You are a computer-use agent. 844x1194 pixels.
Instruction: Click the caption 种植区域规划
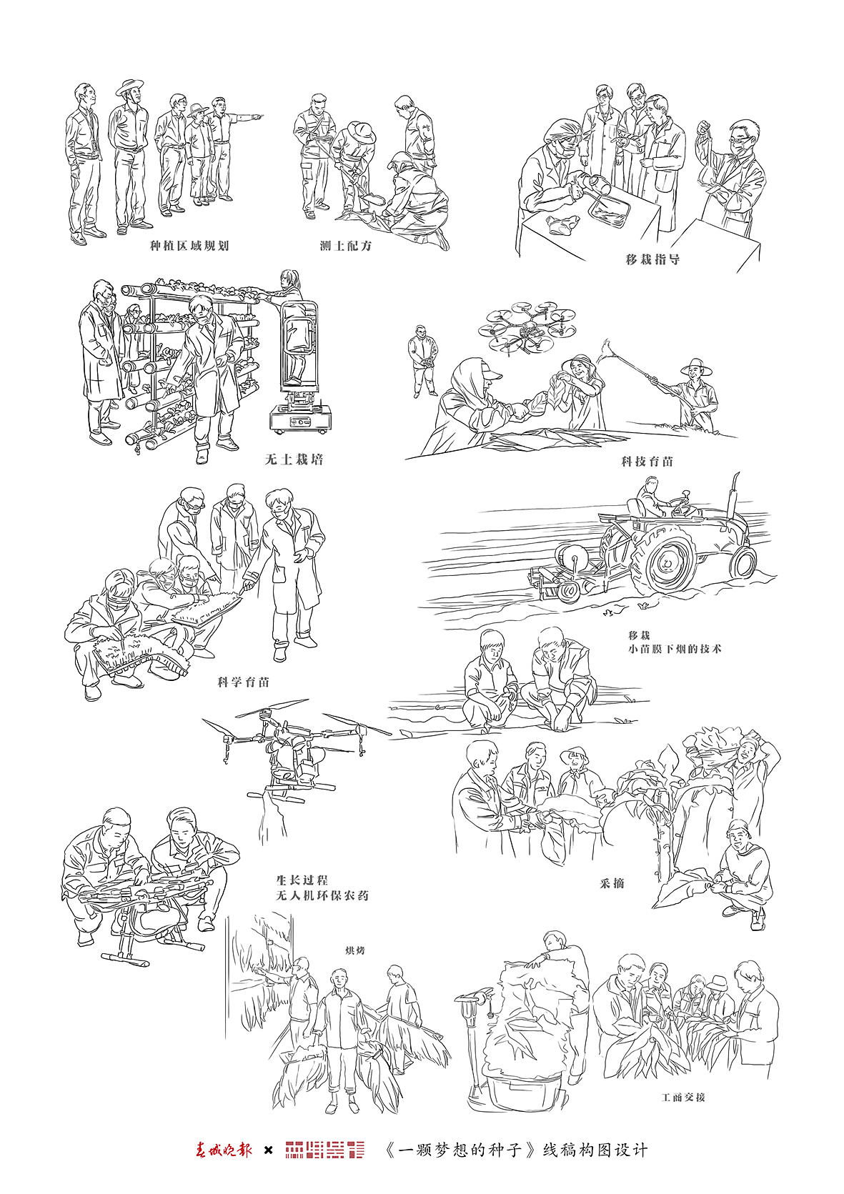pyautogui.click(x=189, y=246)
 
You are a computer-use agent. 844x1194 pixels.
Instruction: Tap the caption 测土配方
pyautogui.click(x=346, y=246)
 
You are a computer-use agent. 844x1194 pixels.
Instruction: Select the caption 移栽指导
pyautogui.click(x=652, y=259)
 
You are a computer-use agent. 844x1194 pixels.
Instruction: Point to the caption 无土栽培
pyautogui.click(x=294, y=459)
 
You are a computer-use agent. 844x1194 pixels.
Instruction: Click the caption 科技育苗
pyautogui.click(x=647, y=462)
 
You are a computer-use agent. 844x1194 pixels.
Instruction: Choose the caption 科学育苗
pyautogui.click(x=244, y=682)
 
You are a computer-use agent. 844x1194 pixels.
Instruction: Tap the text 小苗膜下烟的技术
pyautogui.click(x=675, y=649)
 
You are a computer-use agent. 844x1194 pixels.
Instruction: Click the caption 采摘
pyautogui.click(x=612, y=883)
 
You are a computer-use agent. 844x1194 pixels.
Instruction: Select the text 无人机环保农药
pyautogui.click(x=322, y=895)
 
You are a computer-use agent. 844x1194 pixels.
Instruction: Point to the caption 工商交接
pyautogui.click(x=683, y=1097)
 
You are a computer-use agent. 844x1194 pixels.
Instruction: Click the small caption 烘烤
pyautogui.click(x=355, y=951)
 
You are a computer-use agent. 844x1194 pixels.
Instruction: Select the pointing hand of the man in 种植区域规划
pyautogui.click(x=257, y=114)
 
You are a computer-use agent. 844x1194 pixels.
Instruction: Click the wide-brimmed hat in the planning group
pyautogui.click(x=130, y=87)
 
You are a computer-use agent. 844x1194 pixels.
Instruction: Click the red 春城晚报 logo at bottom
pyautogui.click(x=224, y=1150)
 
